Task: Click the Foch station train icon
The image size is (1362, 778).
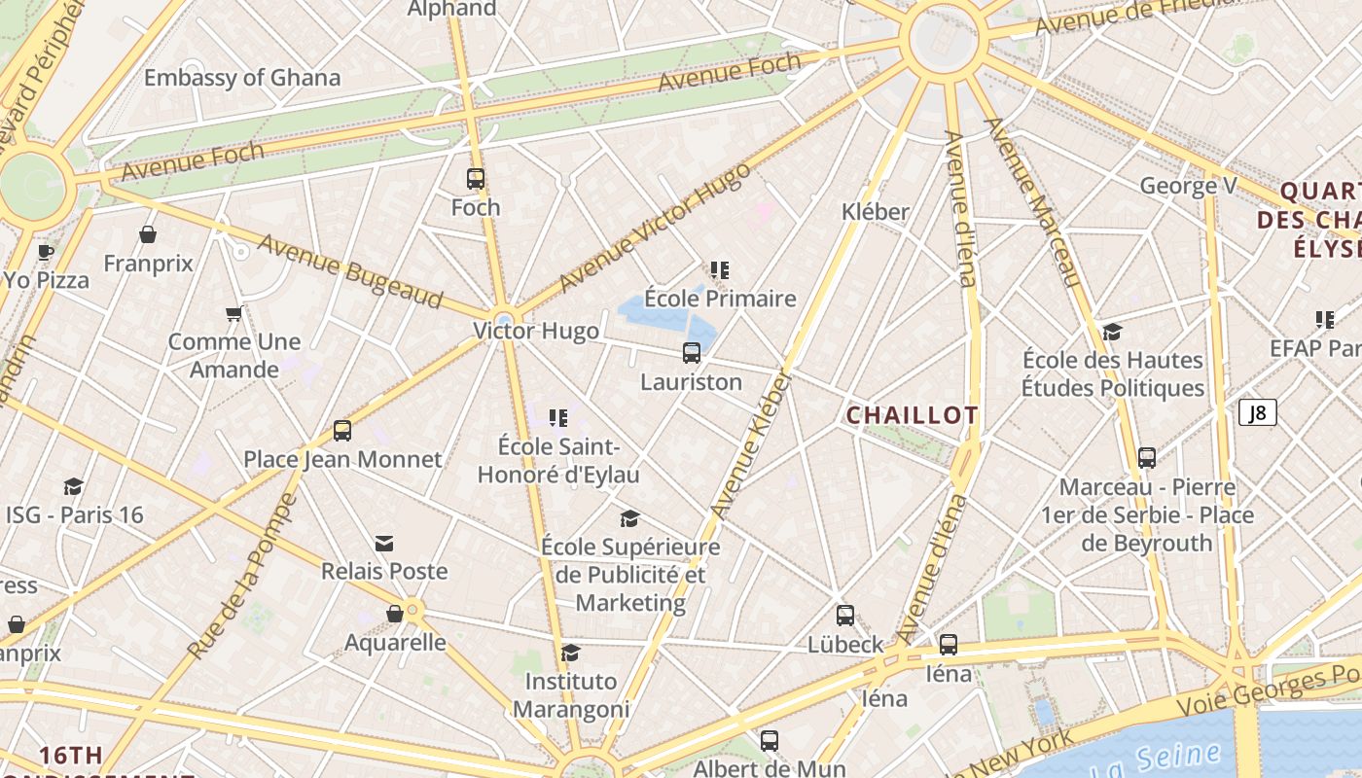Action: click(475, 179)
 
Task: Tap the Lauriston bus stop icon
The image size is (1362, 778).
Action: click(692, 353)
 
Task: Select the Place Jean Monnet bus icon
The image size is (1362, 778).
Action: click(341, 431)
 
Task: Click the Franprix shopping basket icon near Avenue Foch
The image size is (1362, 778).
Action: click(148, 234)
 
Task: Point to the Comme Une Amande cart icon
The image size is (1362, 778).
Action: click(233, 313)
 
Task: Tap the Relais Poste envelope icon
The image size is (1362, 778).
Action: click(384, 543)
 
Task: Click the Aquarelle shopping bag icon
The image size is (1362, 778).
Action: click(395, 614)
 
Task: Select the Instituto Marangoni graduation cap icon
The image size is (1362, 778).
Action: click(571, 653)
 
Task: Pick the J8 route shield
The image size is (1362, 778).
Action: click(1257, 412)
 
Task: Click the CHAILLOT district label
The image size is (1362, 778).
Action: click(912, 415)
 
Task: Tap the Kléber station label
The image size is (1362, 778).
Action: click(875, 211)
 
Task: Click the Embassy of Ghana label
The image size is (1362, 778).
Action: click(242, 78)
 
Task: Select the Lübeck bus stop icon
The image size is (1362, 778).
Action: click(845, 616)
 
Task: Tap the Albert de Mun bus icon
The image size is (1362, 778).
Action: click(770, 741)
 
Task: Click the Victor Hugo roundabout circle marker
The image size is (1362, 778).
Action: click(504, 319)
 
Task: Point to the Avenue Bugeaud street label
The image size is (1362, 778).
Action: click(350, 271)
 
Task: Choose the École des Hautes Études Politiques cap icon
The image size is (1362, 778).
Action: click(1112, 332)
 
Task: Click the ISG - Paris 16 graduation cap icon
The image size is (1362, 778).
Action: click(73, 486)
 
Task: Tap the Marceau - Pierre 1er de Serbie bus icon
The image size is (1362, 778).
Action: click(1147, 458)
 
